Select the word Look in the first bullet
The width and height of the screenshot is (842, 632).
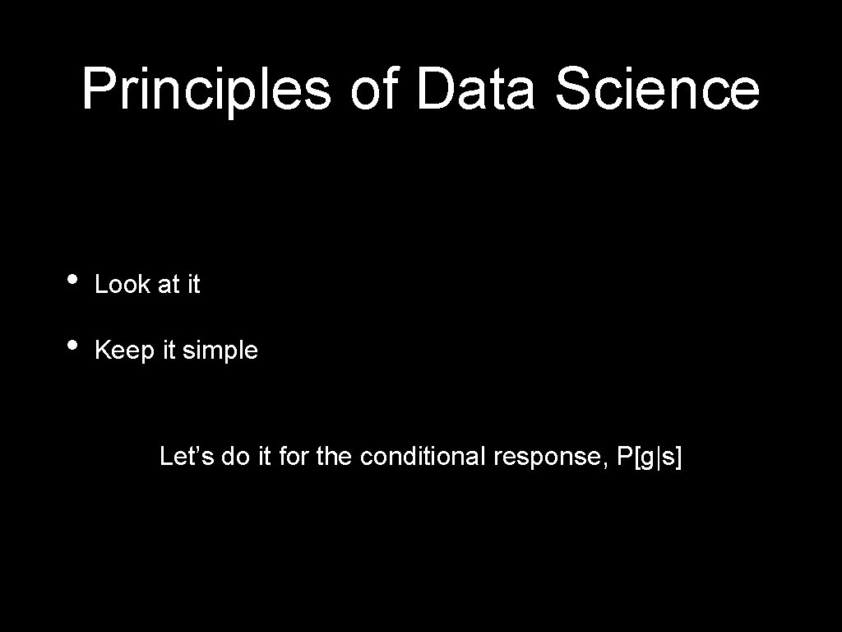pos(123,285)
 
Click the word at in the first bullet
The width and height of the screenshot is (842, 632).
pos(168,285)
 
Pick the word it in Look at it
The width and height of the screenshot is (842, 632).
pos(193,285)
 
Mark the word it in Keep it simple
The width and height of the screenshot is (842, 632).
pos(169,351)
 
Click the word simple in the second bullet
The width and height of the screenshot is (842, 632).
pos(220,351)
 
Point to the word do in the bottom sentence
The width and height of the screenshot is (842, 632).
pos(235,456)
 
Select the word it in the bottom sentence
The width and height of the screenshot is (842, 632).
pos(265,456)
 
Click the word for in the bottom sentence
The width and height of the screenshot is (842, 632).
pos(294,456)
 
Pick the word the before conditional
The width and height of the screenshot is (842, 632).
pos(333,456)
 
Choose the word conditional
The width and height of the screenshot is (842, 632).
pos(423,456)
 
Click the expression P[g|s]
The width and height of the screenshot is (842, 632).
pos(649,457)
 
